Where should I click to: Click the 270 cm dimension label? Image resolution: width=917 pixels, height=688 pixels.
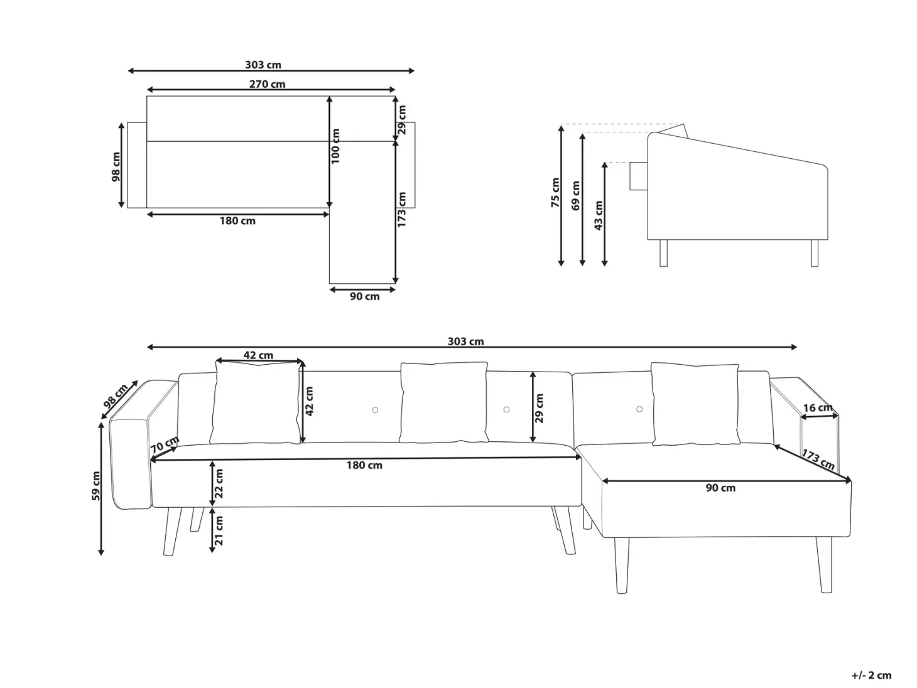click(x=267, y=84)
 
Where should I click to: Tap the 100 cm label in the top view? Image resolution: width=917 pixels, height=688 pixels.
click(x=335, y=146)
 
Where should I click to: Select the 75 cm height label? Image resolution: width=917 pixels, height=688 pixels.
click(x=555, y=193)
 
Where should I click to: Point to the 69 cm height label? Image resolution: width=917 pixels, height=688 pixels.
click(x=576, y=195)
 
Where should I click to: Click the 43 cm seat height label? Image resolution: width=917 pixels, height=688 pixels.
click(x=598, y=215)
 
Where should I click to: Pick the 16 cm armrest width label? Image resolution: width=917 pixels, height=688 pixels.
click(x=818, y=407)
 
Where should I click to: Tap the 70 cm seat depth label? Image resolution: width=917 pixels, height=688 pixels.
click(x=165, y=444)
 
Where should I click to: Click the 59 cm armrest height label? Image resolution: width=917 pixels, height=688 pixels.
click(x=95, y=486)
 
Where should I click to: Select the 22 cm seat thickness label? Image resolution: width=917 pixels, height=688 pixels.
click(x=219, y=483)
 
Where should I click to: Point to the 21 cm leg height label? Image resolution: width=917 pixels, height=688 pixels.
click(x=219, y=530)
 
